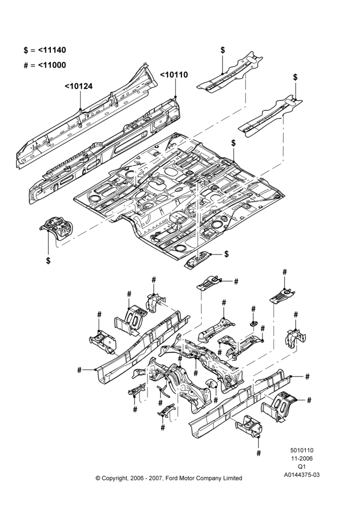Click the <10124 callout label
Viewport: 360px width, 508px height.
(x=78, y=86)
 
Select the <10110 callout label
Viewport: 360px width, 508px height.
(x=174, y=75)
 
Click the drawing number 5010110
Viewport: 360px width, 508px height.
(x=302, y=450)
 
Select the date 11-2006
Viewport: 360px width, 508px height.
(x=302, y=458)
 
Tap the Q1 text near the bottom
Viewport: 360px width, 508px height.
(x=302, y=466)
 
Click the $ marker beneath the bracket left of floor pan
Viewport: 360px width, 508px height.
(x=48, y=261)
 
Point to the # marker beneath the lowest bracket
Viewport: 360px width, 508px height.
(x=258, y=453)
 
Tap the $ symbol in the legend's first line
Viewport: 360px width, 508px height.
(x=26, y=50)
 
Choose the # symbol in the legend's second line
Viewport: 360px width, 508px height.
(x=26, y=66)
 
